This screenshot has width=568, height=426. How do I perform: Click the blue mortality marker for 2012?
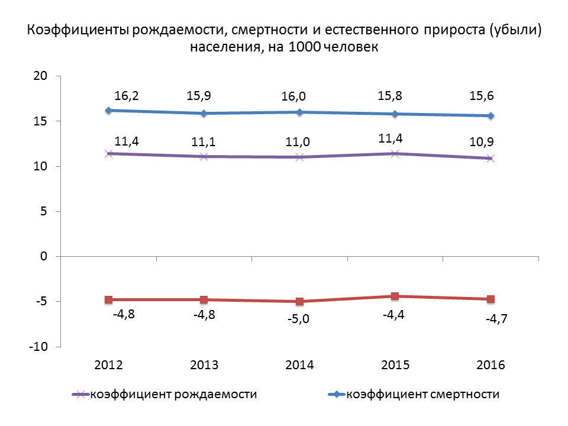point(108,111)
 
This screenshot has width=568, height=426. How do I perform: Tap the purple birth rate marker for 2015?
point(395,154)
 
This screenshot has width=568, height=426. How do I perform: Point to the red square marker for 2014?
point(300,302)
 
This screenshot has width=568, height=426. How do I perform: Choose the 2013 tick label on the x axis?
point(204,365)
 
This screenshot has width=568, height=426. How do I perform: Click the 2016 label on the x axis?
point(490,365)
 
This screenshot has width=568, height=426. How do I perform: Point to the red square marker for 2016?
point(490,299)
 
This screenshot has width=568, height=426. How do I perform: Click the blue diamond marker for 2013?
point(204,113)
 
